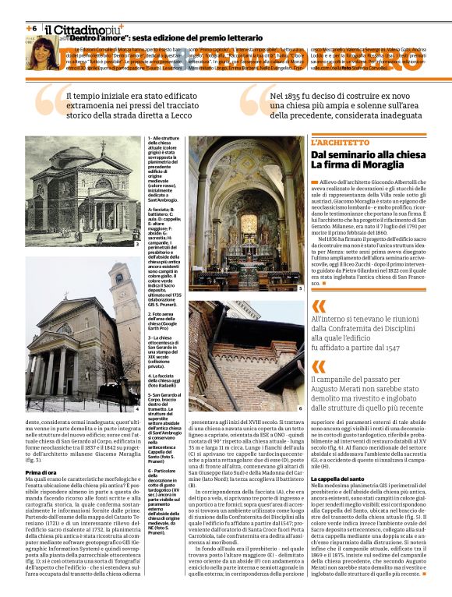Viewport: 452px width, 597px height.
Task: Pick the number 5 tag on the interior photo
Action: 300,288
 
